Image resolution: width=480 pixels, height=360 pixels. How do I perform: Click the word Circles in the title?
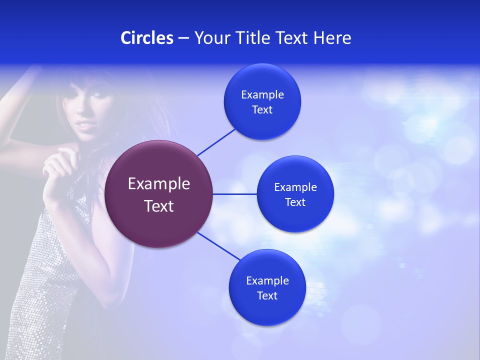pyautogui.click(x=146, y=38)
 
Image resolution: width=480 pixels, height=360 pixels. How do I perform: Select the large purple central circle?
pyautogui.click(x=158, y=194)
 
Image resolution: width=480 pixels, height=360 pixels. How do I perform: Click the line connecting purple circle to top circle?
pyautogui.click(x=216, y=141)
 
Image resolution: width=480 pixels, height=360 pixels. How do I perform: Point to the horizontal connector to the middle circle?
pyautogui.click(x=234, y=194)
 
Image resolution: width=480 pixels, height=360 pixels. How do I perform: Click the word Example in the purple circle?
pyautogui.click(x=159, y=184)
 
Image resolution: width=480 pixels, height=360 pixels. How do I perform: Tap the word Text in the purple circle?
pyautogui.click(x=159, y=206)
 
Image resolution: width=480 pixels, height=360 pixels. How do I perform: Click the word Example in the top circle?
pyautogui.click(x=262, y=95)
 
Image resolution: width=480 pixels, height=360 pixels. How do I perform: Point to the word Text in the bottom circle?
pyautogui.click(x=267, y=295)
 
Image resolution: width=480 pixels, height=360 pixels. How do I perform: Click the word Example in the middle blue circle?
pyautogui.click(x=295, y=187)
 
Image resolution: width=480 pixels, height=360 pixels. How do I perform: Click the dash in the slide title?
pyautogui.click(x=183, y=38)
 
